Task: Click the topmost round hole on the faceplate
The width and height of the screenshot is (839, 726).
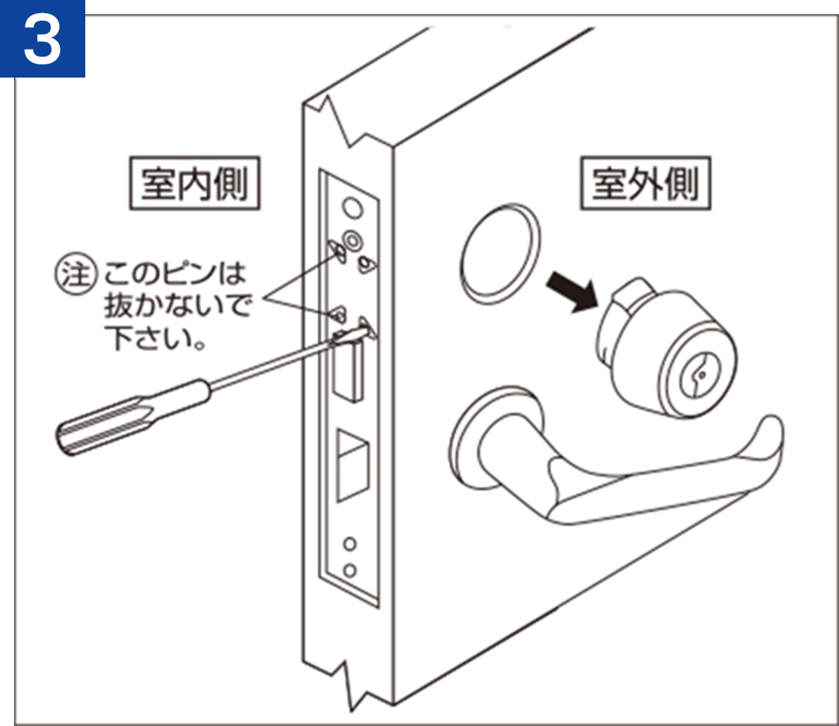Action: click(x=352, y=207)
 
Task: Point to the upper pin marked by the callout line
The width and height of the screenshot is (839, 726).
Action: click(x=337, y=251)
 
